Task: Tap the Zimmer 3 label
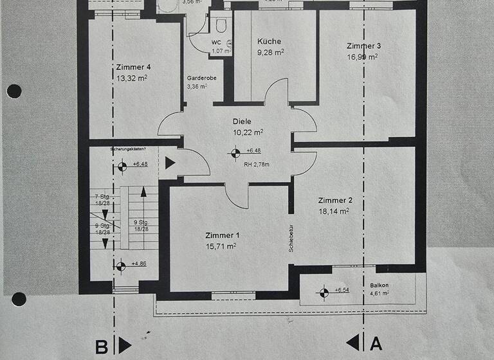click(x=363, y=46)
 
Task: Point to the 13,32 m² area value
click(x=132, y=78)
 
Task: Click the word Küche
click(x=268, y=41)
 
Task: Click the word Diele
click(x=242, y=121)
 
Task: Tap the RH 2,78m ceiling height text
click(x=257, y=165)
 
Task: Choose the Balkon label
click(x=380, y=284)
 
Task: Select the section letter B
click(x=102, y=347)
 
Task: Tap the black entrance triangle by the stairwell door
click(x=170, y=163)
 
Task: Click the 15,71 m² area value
click(x=221, y=246)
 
